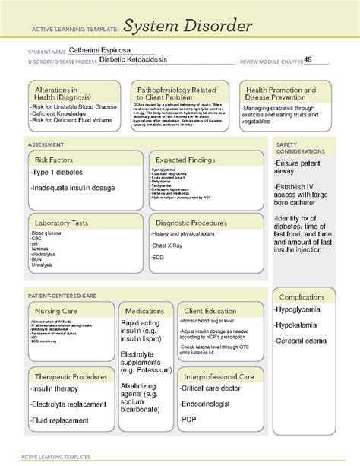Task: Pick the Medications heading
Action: point(145,311)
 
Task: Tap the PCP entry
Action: point(188,419)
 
